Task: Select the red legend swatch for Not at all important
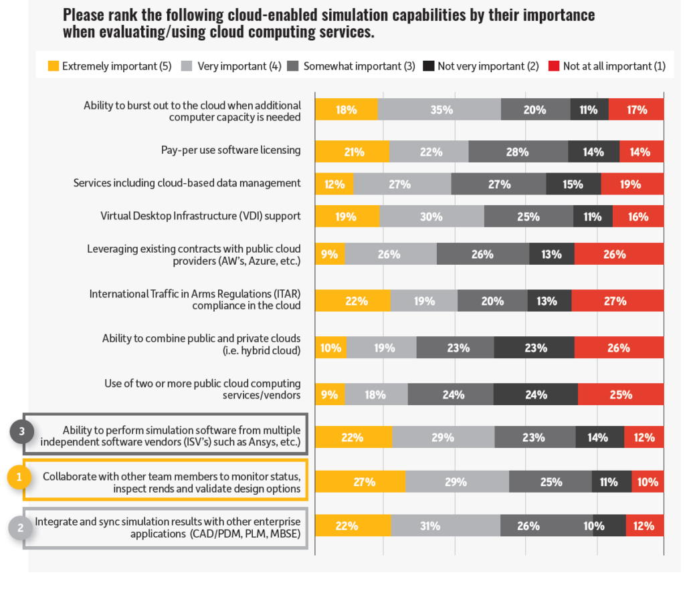pyautogui.click(x=554, y=66)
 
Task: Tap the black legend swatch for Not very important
pyautogui.click(x=429, y=66)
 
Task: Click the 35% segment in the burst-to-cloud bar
pyautogui.click(x=439, y=110)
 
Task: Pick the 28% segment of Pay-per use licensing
pyautogui.click(x=518, y=152)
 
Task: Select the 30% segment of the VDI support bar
pyautogui.click(x=431, y=216)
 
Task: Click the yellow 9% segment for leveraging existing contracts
pyautogui.click(x=330, y=254)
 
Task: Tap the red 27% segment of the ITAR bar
pyautogui.click(x=617, y=301)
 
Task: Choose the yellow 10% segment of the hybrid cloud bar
pyautogui.click(x=331, y=348)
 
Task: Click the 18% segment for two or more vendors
pyautogui.click(x=376, y=394)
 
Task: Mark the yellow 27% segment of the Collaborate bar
pyautogui.click(x=360, y=481)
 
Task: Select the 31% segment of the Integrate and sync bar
pyautogui.click(x=446, y=526)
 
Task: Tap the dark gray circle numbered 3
pyautogui.click(x=21, y=432)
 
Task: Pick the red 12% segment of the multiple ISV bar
pyautogui.click(x=644, y=438)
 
